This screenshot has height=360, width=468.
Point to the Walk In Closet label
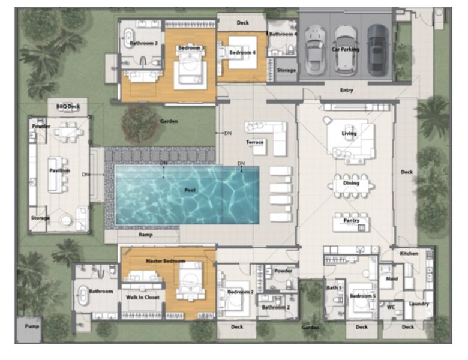pos(142,296)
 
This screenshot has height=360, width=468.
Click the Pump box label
pos(32,326)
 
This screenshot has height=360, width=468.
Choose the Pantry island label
pos(351,221)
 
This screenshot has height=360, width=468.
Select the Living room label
pos(349,133)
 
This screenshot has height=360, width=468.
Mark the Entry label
pos(346,91)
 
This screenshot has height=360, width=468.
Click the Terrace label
pos(255,142)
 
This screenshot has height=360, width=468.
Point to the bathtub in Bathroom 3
pos(129,39)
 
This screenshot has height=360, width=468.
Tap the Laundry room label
pos(418,304)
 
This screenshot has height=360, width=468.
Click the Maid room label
pos(391,278)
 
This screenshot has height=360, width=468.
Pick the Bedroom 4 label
pos(242,53)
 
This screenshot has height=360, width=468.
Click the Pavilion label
pos(59,170)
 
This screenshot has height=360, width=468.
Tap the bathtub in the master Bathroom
pos(83,295)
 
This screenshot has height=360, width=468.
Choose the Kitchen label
pos(409,253)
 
